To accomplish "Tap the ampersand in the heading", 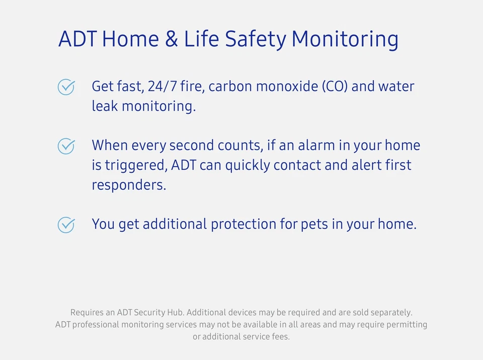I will click(x=172, y=39).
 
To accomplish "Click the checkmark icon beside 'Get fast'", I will click(x=66, y=87).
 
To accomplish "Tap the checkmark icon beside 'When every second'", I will click(x=66, y=146).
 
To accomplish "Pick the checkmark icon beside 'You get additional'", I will click(x=66, y=225).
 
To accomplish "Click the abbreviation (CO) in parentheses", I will click(x=334, y=87).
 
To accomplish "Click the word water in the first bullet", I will click(x=396, y=87).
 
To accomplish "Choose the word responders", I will click(x=128, y=185).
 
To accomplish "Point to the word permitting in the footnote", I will click(x=407, y=325).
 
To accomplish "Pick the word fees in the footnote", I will click(x=280, y=337).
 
